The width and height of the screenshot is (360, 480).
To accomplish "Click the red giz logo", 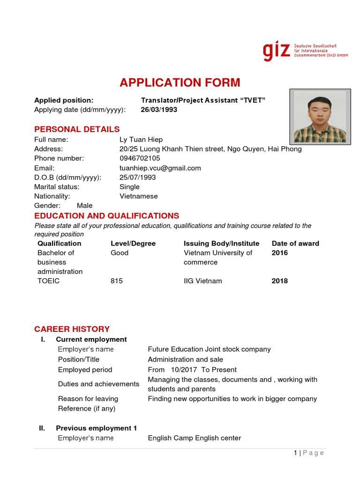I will pos(276,51).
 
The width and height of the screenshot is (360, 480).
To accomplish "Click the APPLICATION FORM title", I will pos(180,83).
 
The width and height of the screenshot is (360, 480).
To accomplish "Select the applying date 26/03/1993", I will pos(159,110).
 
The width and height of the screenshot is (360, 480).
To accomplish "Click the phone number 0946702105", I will pos(140,158).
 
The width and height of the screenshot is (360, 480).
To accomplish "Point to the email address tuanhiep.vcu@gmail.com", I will pos(160,168).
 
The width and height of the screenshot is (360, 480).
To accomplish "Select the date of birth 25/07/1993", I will pos(138,177).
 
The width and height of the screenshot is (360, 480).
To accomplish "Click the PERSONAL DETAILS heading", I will pos(77,129).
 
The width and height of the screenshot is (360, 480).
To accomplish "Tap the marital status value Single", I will pos(129,187).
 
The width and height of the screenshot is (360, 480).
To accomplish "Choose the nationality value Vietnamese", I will pos(139,196).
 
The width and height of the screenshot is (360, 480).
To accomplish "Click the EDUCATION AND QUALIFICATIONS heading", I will pos(106,216).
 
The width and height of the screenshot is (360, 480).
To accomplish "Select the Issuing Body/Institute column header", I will pos(221,243).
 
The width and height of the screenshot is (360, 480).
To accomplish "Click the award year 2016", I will pos(280,253).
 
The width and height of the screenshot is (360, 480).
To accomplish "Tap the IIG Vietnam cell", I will pos(203,281).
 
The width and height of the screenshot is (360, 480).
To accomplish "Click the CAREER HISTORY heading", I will pos(72,329).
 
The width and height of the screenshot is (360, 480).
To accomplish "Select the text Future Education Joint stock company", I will pos(209,349).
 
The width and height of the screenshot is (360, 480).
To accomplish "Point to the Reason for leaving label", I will pos(88,398).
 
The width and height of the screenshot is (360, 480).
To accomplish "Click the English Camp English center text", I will pos(194,438).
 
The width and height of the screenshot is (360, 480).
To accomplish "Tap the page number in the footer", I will pos(295,453).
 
